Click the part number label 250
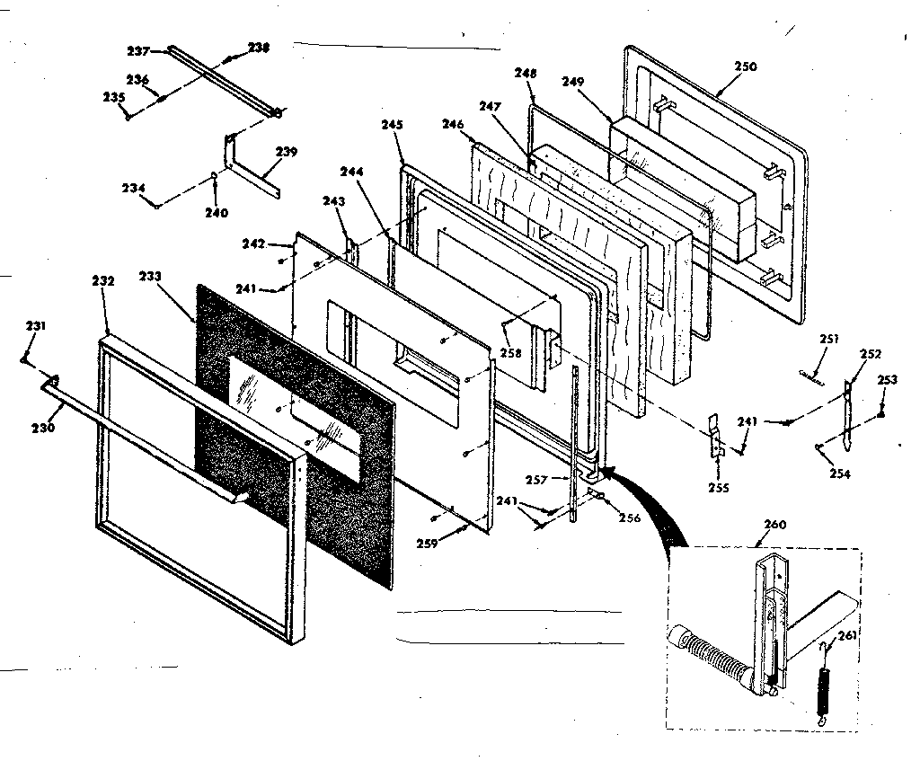click(745, 66)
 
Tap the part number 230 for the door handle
click(45, 427)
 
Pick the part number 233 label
click(149, 277)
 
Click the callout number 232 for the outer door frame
click(103, 280)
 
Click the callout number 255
click(718, 488)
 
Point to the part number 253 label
click(887, 380)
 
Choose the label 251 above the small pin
click(828, 339)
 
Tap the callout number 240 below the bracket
click(216, 213)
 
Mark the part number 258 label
click(511, 354)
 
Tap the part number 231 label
click(34, 325)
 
